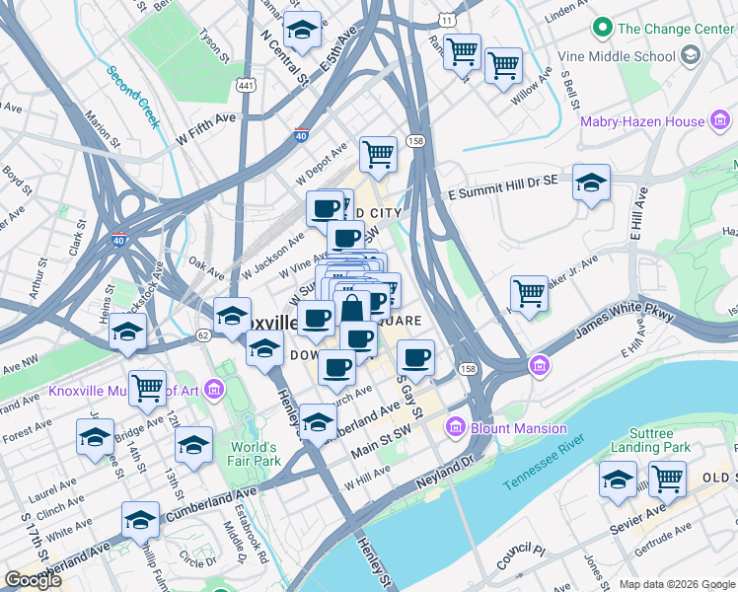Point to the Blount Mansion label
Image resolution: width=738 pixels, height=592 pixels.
click(x=518, y=428)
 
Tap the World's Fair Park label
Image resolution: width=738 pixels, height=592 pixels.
click(x=254, y=453)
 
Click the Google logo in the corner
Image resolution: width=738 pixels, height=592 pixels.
click(x=33, y=580)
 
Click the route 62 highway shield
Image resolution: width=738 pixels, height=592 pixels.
click(x=203, y=335)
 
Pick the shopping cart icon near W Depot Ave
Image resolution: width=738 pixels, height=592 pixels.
click(x=378, y=153)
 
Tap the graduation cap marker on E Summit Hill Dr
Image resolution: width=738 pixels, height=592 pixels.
click(x=591, y=183)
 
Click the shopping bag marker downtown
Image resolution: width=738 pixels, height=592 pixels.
click(x=351, y=308)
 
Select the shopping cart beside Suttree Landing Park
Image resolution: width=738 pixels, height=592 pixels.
click(x=667, y=480)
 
